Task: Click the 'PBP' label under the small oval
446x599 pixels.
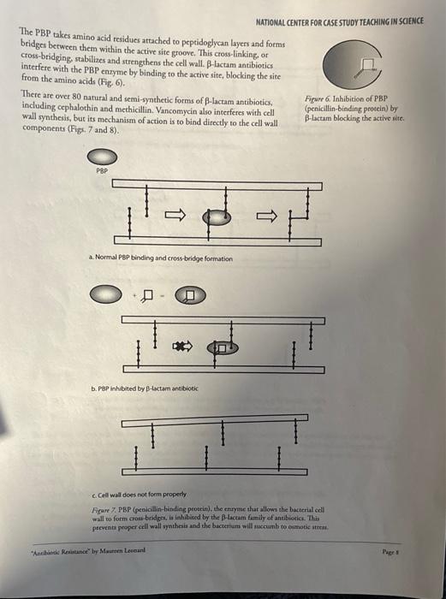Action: click(x=103, y=171)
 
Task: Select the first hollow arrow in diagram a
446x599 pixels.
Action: click(x=172, y=216)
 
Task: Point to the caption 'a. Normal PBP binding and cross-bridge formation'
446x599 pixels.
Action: click(x=160, y=258)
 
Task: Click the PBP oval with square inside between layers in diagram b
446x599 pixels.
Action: click(x=221, y=348)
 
